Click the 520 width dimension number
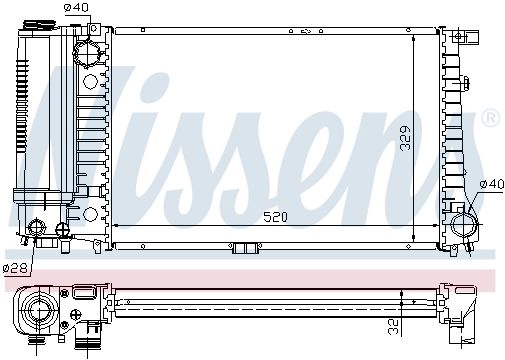[x=275, y=217]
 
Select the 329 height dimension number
[x=405, y=138]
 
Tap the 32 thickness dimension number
[x=394, y=327]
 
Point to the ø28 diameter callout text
[x=15, y=268]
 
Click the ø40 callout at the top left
[x=76, y=7]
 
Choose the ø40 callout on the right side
[x=492, y=184]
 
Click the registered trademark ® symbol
[x=491, y=117]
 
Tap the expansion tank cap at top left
[x=39, y=26]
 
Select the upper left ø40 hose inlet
[x=86, y=53]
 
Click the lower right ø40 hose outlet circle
[x=464, y=224]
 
